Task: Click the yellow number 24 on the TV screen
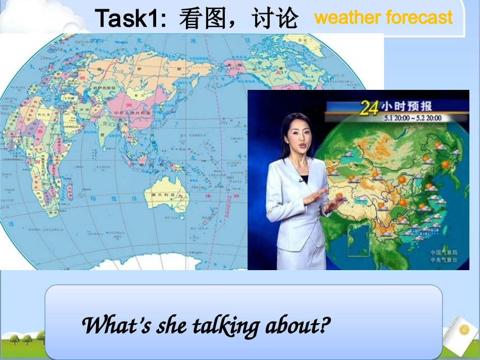coord(369,108)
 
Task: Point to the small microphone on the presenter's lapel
coord(302,179)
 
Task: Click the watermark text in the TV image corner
coord(443,255)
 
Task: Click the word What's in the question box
coord(116,326)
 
